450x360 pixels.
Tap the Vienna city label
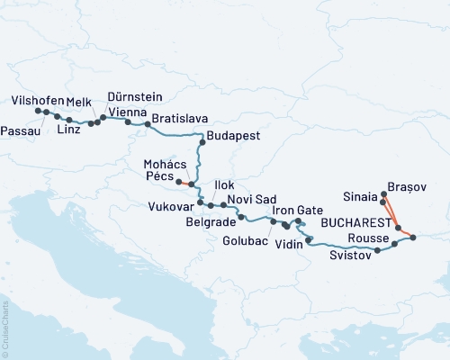coord(128,112)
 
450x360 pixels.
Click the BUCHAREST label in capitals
coord(362,221)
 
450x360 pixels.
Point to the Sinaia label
coord(361,194)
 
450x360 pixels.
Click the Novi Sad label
coord(247,198)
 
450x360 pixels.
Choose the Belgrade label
coord(211,220)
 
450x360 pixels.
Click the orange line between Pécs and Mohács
coord(184,183)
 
